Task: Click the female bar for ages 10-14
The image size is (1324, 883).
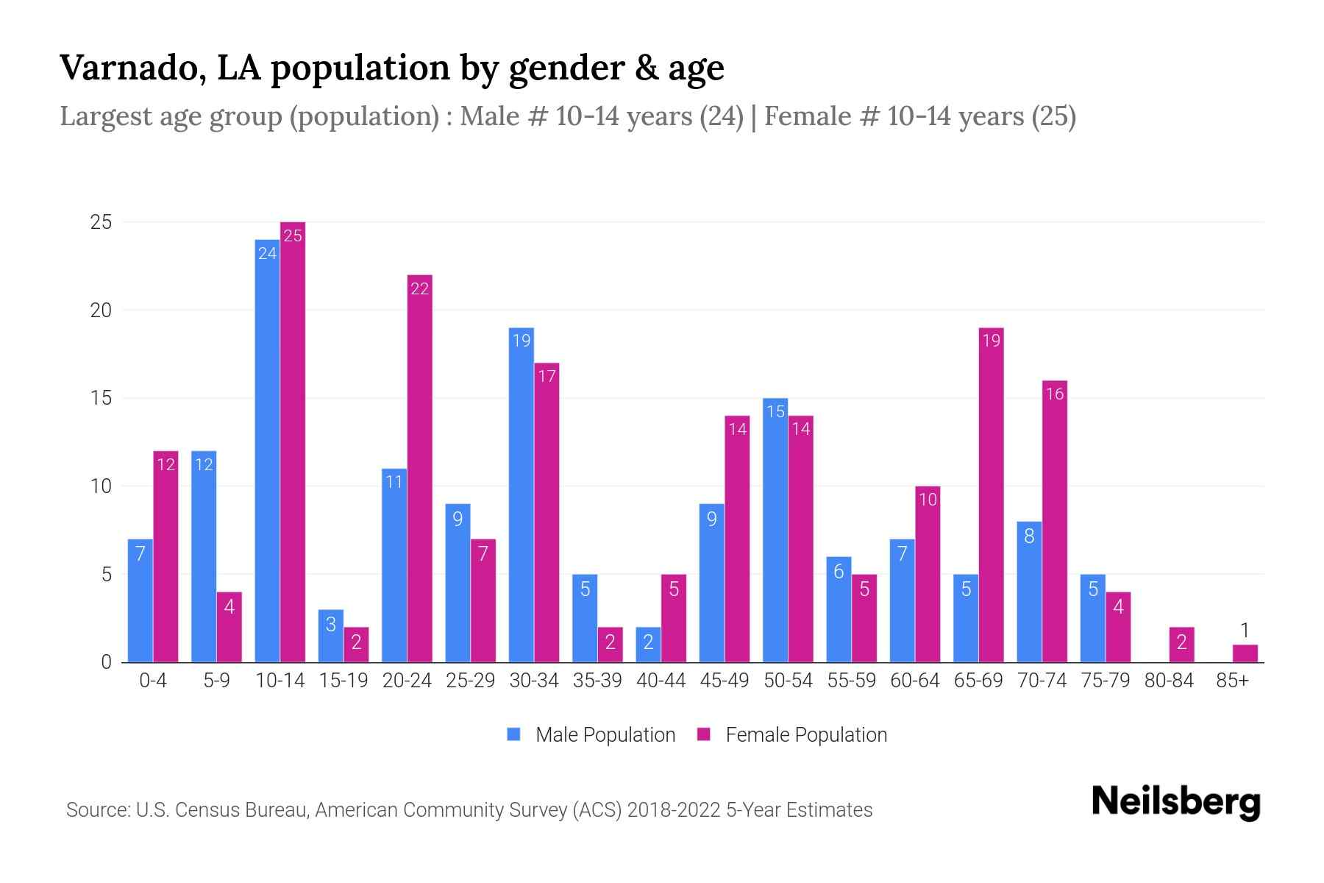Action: pyautogui.click(x=293, y=441)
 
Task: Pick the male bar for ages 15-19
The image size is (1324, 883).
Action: pyautogui.click(x=331, y=636)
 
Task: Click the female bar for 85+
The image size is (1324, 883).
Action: pyautogui.click(x=1245, y=653)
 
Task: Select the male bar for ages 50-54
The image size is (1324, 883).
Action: pyautogui.click(x=775, y=530)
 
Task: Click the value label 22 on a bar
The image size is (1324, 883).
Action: pyautogui.click(x=419, y=289)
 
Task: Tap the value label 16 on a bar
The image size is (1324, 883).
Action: pyautogui.click(x=1054, y=394)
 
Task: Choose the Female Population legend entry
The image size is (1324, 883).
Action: pyautogui.click(x=792, y=734)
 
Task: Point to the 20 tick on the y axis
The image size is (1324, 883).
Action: pyautogui.click(x=101, y=311)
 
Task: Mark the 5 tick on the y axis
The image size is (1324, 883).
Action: pyautogui.click(x=107, y=574)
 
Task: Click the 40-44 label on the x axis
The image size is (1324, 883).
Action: pyautogui.click(x=661, y=681)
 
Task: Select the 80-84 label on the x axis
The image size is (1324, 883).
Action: pyautogui.click(x=1168, y=681)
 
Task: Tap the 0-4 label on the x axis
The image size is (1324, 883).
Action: pyautogui.click(x=153, y=681)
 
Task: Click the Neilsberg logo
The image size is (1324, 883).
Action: pyautogui.click(x=1175, y=802)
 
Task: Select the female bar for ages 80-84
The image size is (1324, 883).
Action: pyautogui.click(x=1181, y=645)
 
